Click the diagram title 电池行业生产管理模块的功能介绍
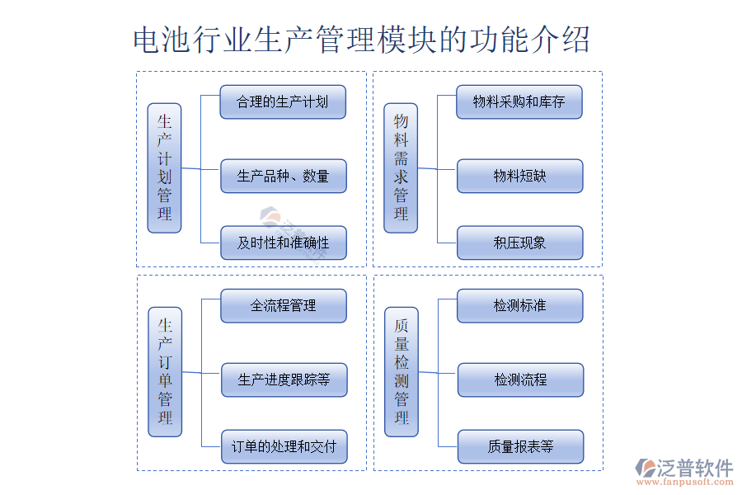click(x=361, y=40)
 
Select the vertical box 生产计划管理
click(x=164, y=167)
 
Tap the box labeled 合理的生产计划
click(x=283, y=102)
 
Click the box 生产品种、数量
click(x=283, y=176)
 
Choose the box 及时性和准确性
click(x=283, y=243)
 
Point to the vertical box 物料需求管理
click(x=401, y=167)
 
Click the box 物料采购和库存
click(x=519, y=102)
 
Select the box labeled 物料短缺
click(x=519, y=176)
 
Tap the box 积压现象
click(x=519, y=243)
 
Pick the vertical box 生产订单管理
click(x=165, y=372)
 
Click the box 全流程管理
click(x=283, y=305)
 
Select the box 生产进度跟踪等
click(x=283, y=379)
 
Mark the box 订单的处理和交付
click(x=283, y=446)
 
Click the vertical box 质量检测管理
click(x=402, y=372)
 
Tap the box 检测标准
click(x=519, y=305)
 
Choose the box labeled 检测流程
click(x=519, y=379)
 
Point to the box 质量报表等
click(x=519, y=446)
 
